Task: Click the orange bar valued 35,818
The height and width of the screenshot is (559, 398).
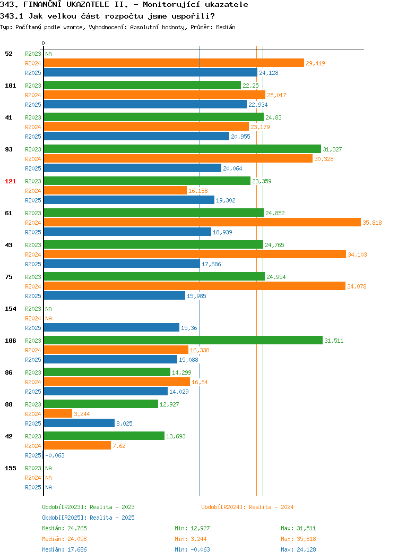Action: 202,223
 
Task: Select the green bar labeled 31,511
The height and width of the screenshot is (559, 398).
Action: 183,341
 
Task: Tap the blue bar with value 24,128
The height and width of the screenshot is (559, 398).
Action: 151,73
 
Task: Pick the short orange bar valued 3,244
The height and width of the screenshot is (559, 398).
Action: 58,414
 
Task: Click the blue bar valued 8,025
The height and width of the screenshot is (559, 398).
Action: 79,424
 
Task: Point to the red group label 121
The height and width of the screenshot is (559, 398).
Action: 10,181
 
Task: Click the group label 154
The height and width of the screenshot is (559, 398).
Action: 10,309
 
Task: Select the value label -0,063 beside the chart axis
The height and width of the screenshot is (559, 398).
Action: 55,455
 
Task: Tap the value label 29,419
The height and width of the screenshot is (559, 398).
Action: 315,63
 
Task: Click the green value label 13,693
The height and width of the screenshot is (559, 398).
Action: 176,436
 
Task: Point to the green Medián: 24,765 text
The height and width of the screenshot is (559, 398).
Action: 64,528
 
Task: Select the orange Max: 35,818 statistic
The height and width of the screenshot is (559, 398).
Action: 298,539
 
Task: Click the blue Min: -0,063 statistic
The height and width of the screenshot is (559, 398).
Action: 192,550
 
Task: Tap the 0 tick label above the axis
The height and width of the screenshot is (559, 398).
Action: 44,44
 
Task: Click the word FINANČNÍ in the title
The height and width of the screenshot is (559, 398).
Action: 42,5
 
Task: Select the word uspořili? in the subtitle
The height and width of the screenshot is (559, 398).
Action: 193,16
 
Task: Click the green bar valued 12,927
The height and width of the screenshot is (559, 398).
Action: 101,404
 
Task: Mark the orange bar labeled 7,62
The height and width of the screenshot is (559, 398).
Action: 77,446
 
